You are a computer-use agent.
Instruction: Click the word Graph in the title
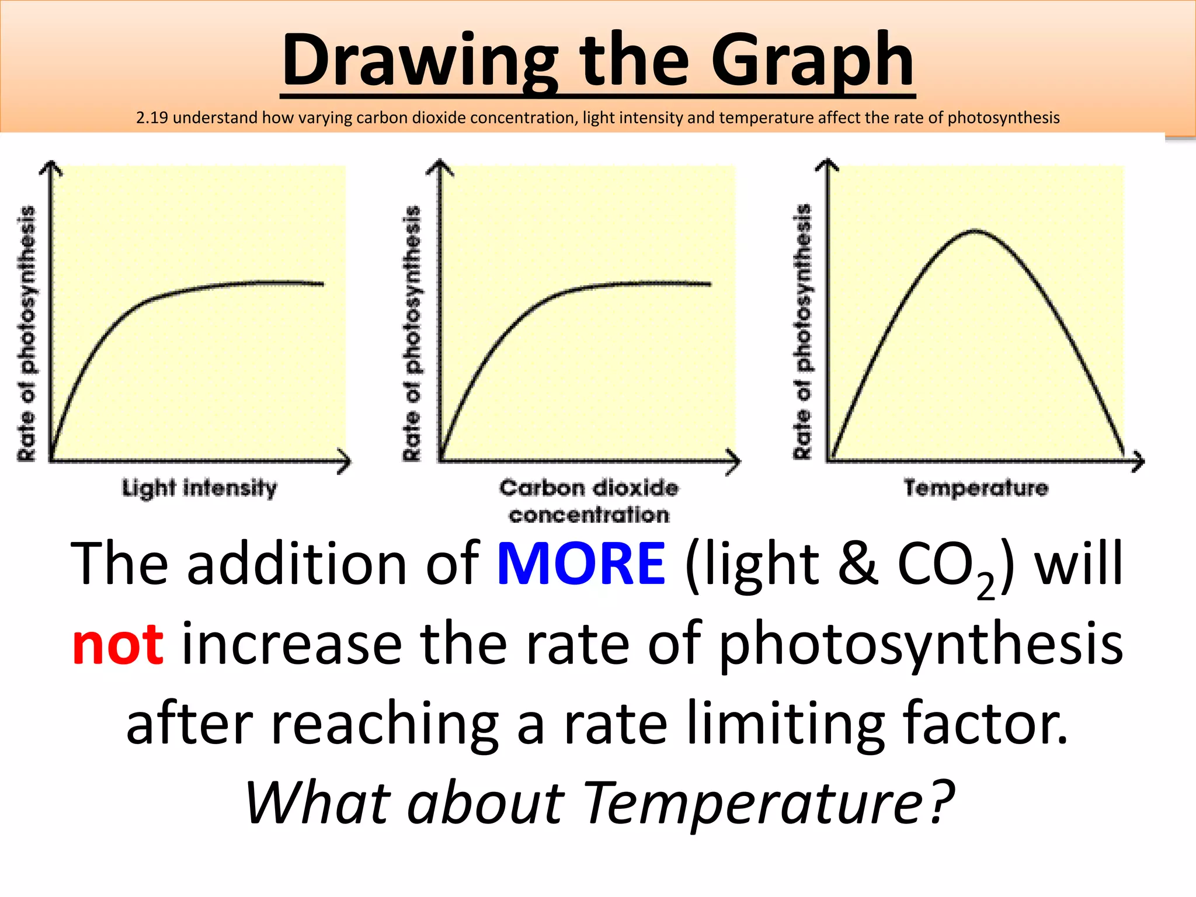[812, 61]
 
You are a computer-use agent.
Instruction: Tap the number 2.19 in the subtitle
[152, 118]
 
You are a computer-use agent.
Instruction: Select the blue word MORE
[581, 564]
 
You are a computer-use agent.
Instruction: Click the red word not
[117, 645]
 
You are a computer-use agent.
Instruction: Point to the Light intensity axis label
[199, 488]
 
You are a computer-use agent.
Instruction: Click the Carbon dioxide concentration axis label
[589, 501]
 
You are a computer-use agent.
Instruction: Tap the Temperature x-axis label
[976, 488]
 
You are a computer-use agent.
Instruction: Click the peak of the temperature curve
[975, 231]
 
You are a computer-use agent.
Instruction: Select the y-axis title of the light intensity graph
[26, 333]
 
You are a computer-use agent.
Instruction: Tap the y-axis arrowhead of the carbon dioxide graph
[440, 166]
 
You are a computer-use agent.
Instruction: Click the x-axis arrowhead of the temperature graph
[1139, 462]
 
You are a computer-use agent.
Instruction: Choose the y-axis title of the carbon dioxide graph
[412, 333]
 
